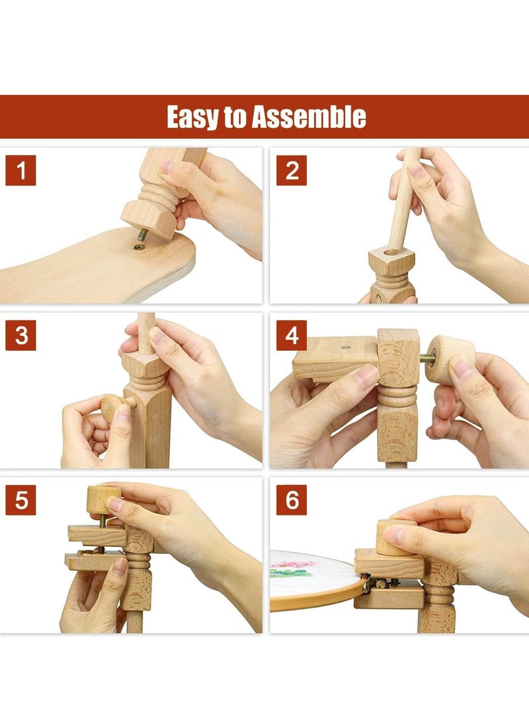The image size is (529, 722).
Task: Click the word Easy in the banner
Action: pyautogui.click(x=193, y=117)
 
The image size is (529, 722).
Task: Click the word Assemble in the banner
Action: pyautogui.click(x=309, y=116)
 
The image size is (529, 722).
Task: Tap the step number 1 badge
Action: pyautogui.click(x=20, y=170)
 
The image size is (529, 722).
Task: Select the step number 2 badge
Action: pyautogui.click(x=292, y=170)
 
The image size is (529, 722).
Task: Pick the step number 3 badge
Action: pyautogui.click(x=20, y=336)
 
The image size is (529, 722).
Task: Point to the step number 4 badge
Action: pyautogui.click(x=292, y=336)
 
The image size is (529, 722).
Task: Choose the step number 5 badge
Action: pyautogui.click(x=20, y=500)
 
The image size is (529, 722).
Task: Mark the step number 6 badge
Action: pyautogui.click(x=292, y=500)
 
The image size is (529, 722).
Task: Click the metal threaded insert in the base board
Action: pyautogui.click(x=138, y=248)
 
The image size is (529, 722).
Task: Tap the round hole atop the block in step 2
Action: pyautogui.click(x=391, y=252)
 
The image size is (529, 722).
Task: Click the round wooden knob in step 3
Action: pyautogui.click(x=112, y=407)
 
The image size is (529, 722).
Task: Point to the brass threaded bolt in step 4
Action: pyautogui.click(x=427, y=358)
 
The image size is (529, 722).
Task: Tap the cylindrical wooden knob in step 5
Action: pyautogui.click(x=103, y=500)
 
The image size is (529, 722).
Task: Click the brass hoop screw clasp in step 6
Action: pyautogui.click(x=372, y=584)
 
